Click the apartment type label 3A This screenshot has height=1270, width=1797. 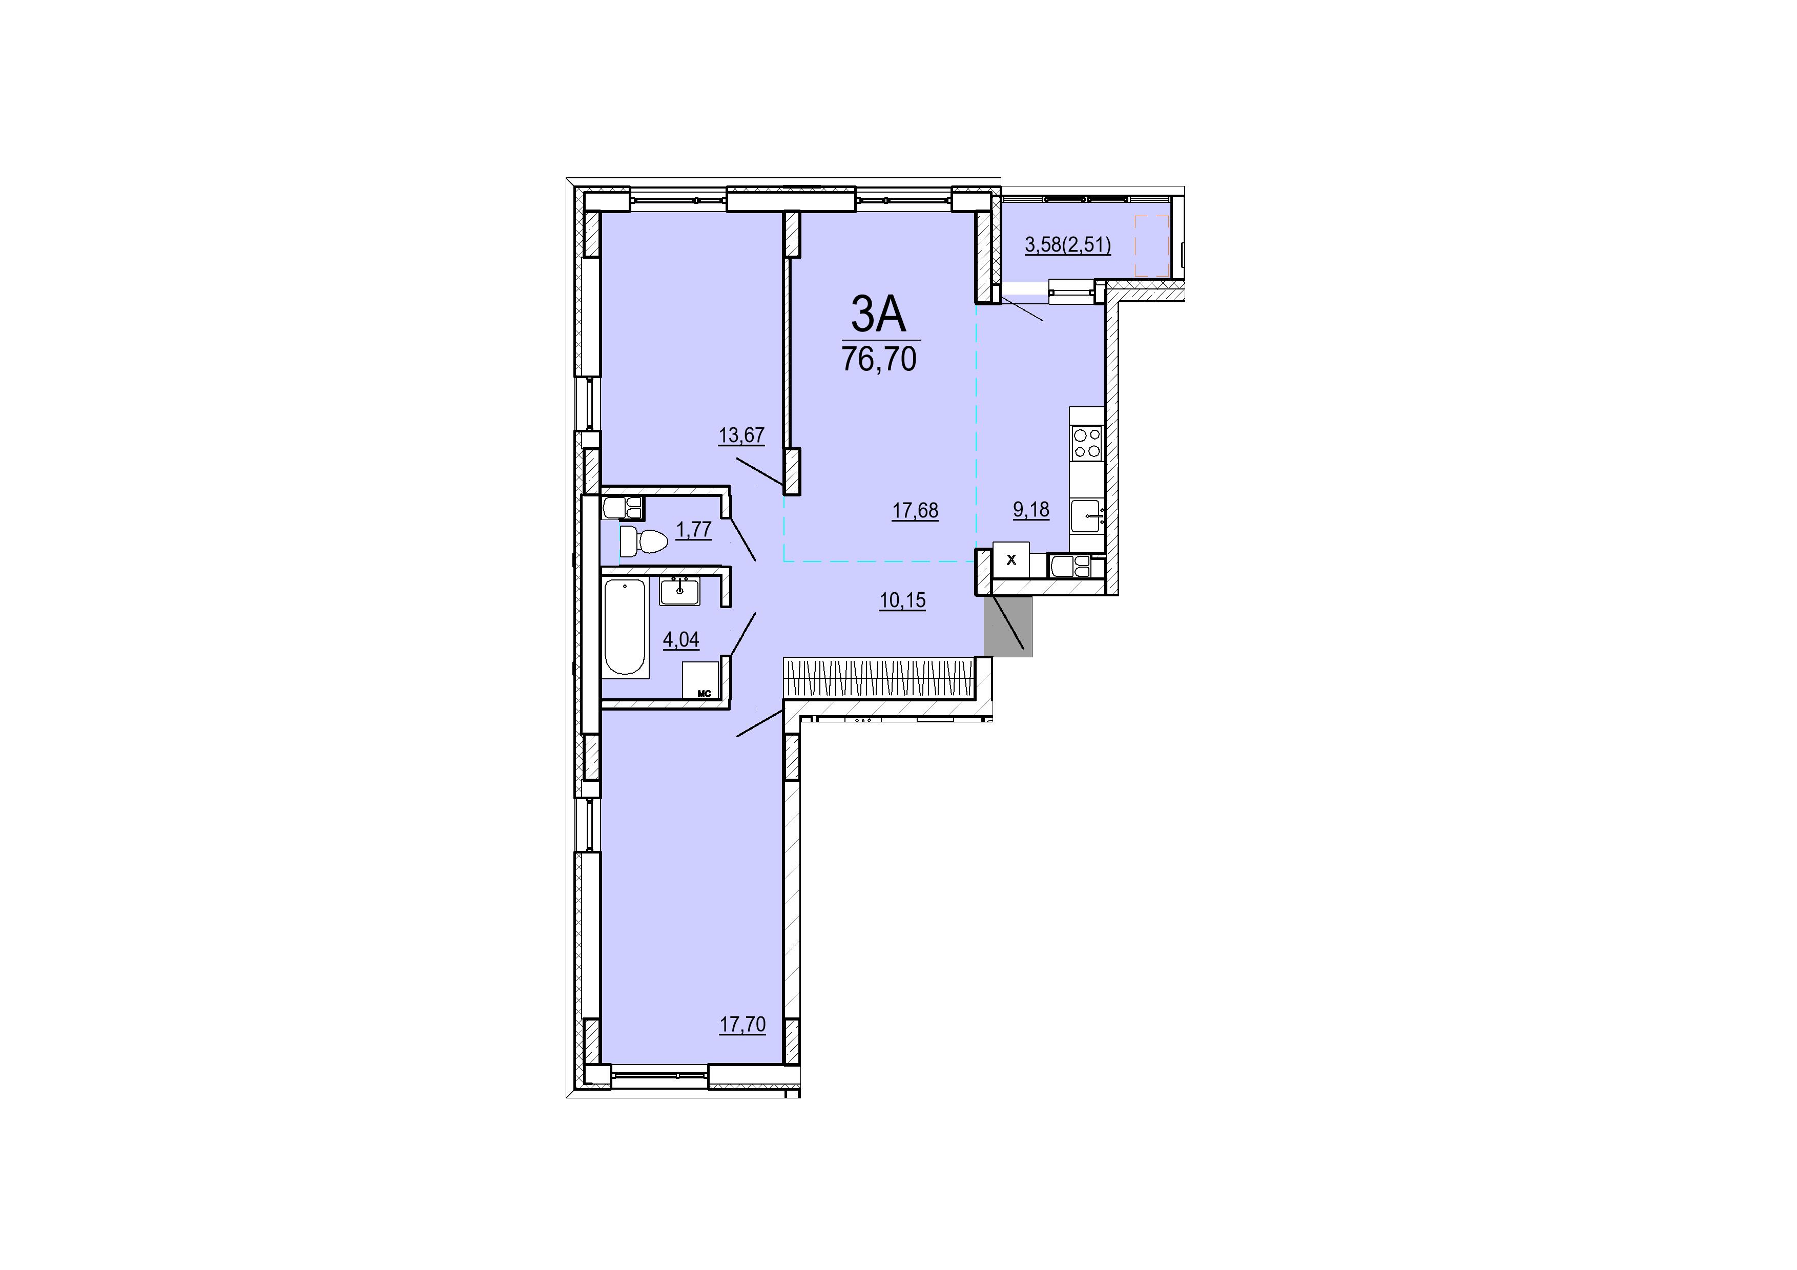tap(878, 316)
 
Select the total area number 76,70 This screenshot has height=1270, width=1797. tap(879, 359)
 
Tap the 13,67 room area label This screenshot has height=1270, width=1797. tap(741, 435)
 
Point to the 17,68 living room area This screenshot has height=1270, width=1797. tap(915, 511)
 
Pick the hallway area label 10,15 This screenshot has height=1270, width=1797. tap(902, 600)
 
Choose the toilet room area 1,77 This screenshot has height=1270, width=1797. tap(693, 530)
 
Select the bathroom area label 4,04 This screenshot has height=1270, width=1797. tap(681, 640)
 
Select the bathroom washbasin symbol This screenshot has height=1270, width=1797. tap(681, 591)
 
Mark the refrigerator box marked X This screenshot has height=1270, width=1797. tap(1011, 559)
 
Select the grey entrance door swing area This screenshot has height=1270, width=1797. tap(1008, 626)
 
